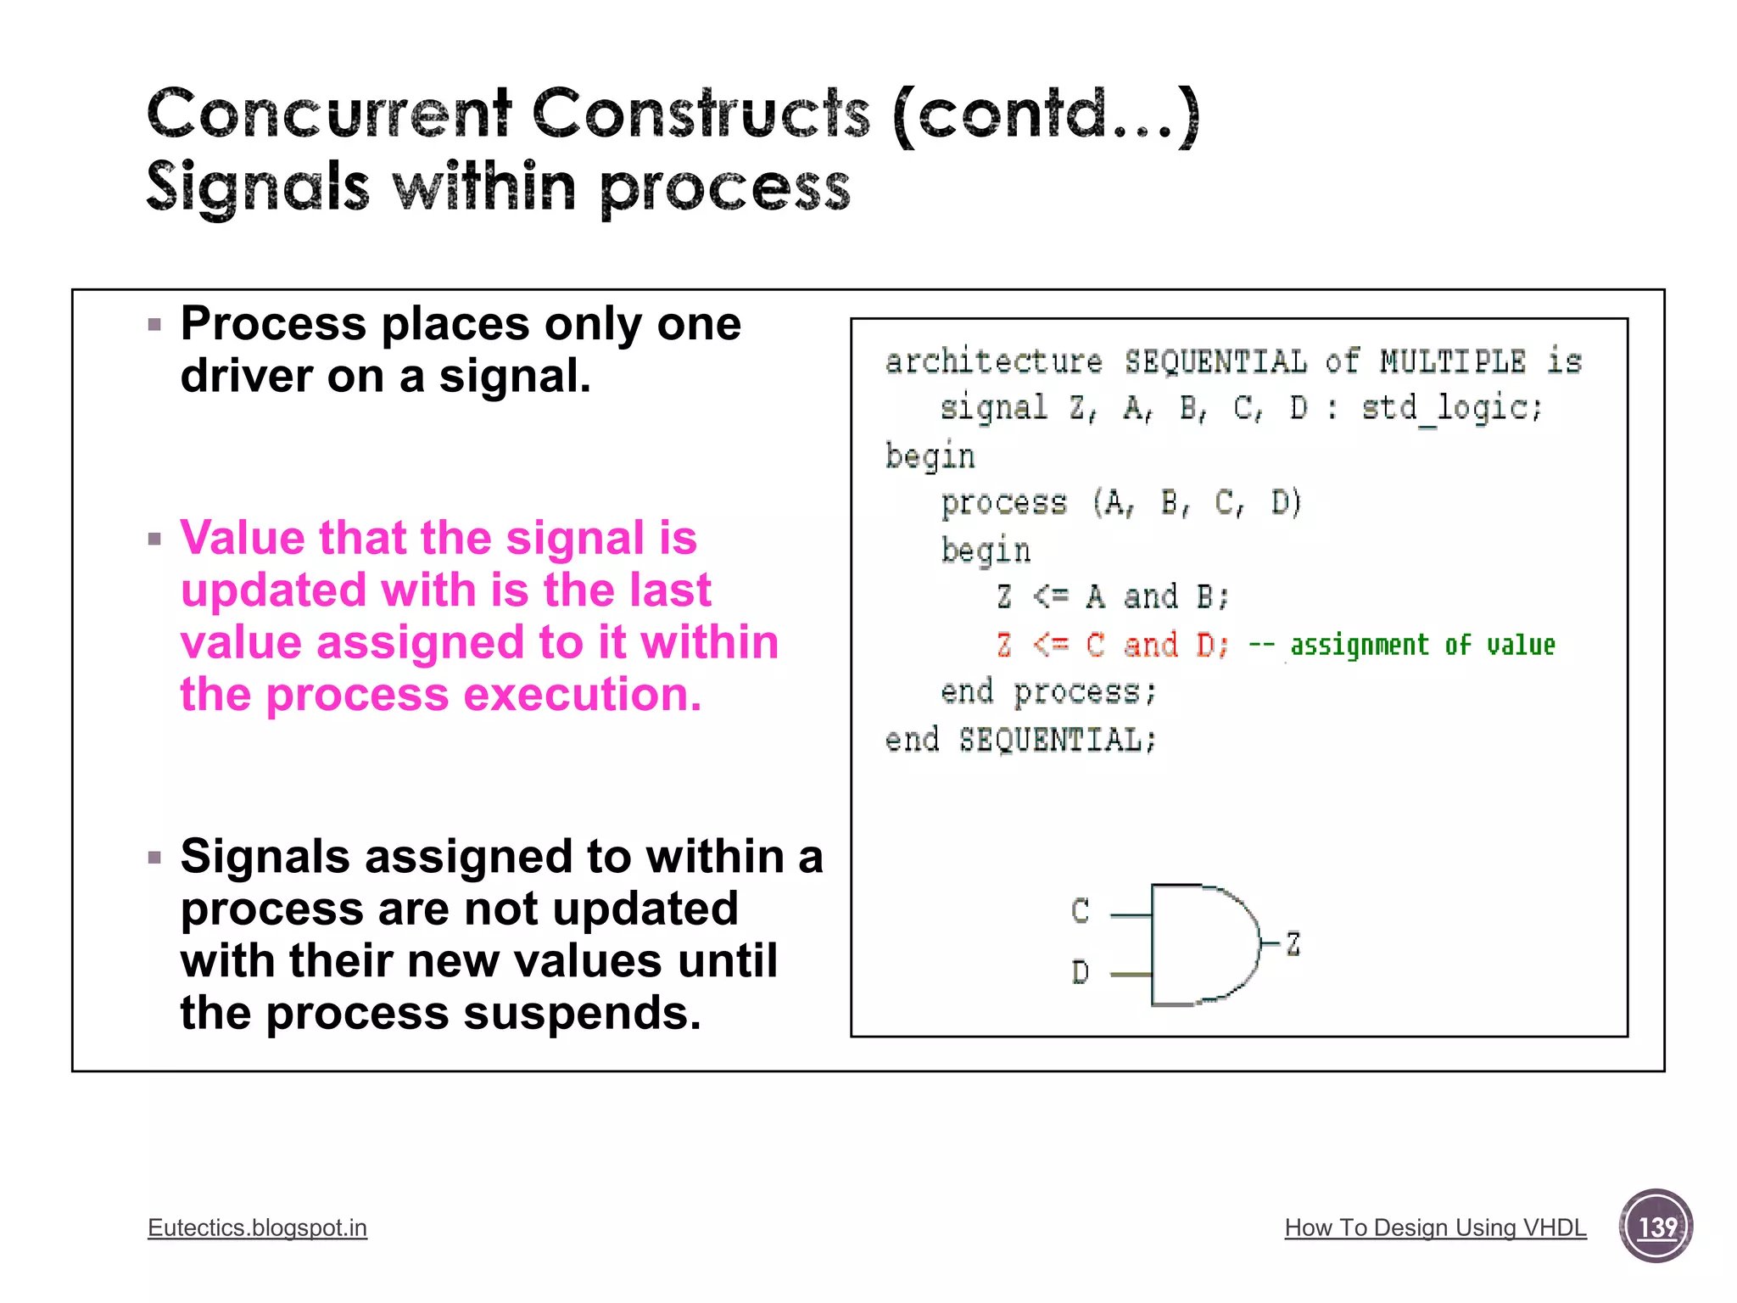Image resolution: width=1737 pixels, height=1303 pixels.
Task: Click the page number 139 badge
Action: [1656, 1226]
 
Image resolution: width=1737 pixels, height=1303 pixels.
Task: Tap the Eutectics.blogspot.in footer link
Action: [257, 1228]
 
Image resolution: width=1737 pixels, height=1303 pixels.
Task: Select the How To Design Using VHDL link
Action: [1435, 1228]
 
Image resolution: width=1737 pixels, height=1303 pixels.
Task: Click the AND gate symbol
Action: [1201, 945]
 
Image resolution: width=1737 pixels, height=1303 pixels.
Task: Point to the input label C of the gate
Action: [1080, 911]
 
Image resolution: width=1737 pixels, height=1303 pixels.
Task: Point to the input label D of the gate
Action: [1080, 972]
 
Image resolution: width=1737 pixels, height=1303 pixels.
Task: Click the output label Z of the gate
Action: [1293, 943]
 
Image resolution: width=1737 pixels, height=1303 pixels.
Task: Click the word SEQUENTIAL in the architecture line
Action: [1215, 362]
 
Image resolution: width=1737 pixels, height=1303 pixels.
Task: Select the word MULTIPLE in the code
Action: [1452, 362]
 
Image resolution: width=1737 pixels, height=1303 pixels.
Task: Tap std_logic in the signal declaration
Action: [1451, 409]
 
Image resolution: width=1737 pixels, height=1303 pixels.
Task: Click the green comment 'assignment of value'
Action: [1422, 646]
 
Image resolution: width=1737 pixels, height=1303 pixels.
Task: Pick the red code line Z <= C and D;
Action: [1113, 646]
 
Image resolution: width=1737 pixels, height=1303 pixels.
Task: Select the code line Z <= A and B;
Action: [1113, 597]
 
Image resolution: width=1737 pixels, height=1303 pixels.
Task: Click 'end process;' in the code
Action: [1048, 692]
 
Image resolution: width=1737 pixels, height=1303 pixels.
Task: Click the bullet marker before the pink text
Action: [154, 539]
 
